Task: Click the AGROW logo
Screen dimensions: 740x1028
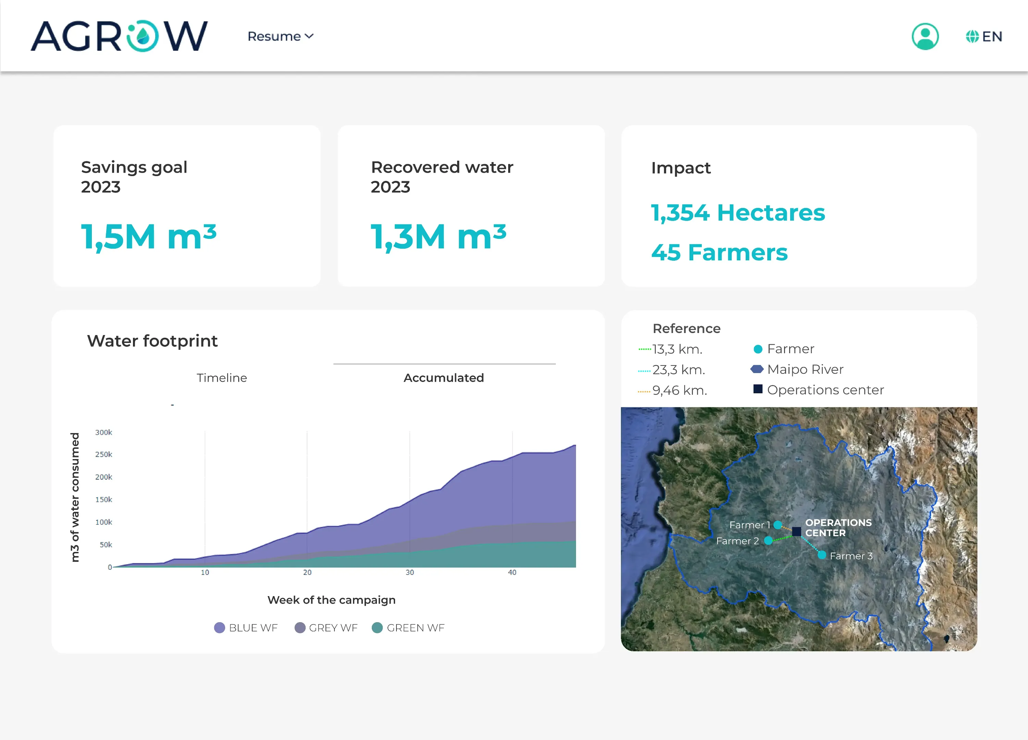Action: [x=119, y=36]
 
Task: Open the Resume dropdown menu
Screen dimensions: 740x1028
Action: [x=280, y=36]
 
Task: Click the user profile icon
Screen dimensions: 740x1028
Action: [x=925, y=36]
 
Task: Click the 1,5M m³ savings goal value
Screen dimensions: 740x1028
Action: [x=149, y=236]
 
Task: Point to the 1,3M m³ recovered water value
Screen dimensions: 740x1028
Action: [x=438, y=236]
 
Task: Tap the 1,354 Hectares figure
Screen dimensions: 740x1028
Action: [x=737, y=212]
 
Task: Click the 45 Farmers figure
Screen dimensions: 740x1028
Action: [x=719, y=252]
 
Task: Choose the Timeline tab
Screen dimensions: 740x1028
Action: [x=222, y=378]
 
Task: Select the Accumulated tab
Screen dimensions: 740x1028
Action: [x=443, y=378]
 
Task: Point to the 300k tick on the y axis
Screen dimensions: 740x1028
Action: [x=103, y=432]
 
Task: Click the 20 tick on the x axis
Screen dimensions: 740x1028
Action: [x=307, y=572]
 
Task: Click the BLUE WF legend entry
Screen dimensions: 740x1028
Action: [x=246, y=628]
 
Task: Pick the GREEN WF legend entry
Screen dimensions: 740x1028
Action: [x=408, y=628]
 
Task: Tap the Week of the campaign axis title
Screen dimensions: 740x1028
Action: [x=331, y=600]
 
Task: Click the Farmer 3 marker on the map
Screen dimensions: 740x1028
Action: [x=821, y=555]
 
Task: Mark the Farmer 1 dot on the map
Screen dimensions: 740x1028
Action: [x=778, y=525]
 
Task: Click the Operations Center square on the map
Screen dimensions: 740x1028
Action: [x=796, y=531]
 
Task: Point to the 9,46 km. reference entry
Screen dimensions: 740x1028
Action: [x=678, y=390]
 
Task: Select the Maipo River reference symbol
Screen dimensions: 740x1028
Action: [x=757, y=369]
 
